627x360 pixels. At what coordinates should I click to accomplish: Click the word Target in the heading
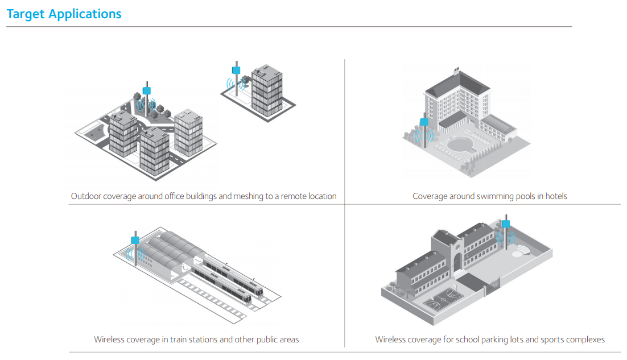(25, 14)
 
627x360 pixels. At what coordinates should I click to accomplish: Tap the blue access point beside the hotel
(423, 122)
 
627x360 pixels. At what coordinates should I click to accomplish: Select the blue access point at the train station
(135, 240)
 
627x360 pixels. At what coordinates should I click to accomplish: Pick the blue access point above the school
(505, 224)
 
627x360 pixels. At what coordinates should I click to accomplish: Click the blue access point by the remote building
(235, 71)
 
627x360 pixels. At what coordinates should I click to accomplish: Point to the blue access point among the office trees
(147, 90)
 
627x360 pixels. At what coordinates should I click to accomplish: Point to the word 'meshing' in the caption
(249, 196)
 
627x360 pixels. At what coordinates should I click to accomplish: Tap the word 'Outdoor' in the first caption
(86, 196)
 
